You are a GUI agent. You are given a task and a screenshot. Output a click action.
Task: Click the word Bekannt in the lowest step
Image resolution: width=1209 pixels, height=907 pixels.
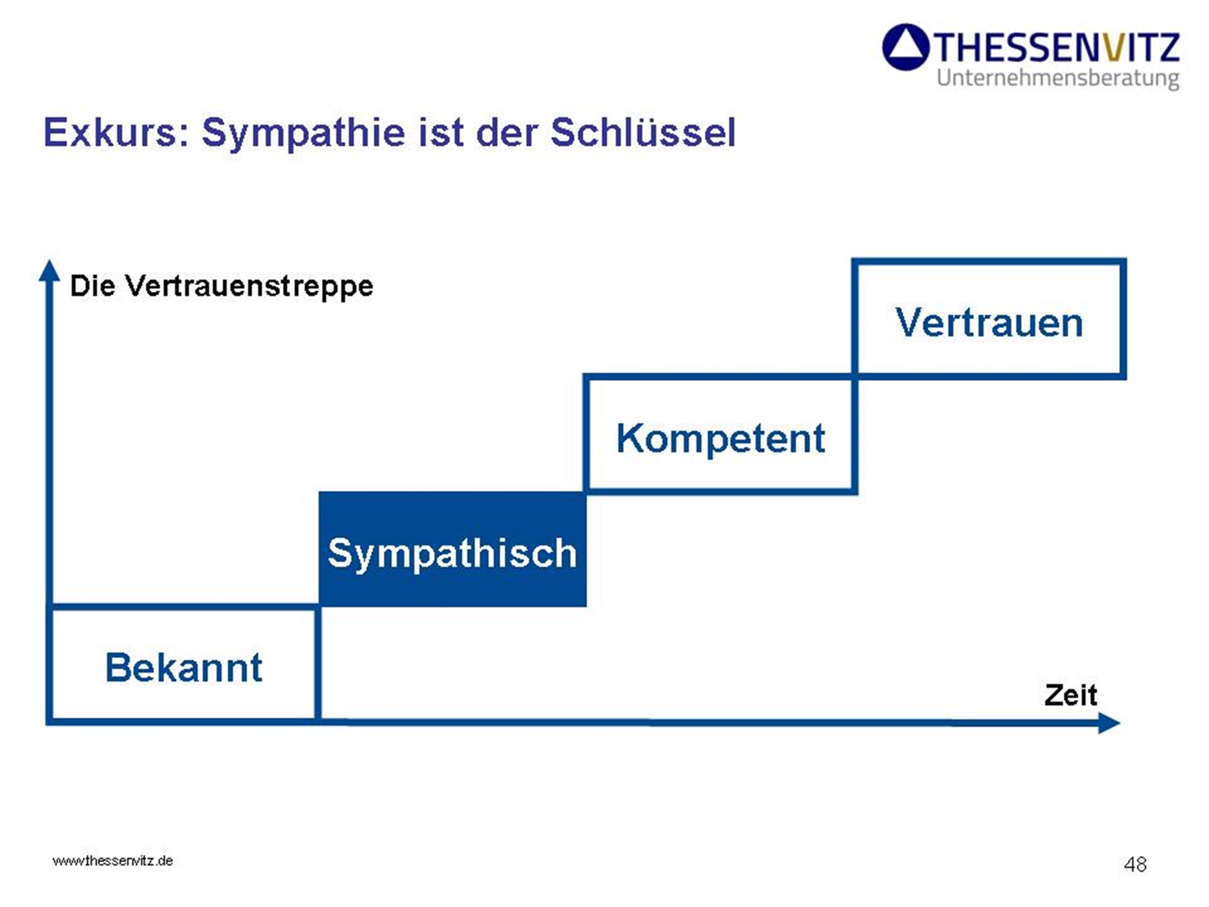click(184, 667)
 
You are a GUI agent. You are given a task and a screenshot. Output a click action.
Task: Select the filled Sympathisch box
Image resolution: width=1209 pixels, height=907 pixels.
click(453, 549)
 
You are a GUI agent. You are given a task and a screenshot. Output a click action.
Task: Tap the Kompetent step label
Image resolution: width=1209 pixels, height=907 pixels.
click(720, 438)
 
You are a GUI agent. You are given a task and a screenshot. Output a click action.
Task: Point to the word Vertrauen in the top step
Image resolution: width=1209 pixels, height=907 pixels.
click(989, 322)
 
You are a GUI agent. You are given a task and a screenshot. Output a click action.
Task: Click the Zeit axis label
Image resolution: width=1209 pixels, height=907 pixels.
click(1070, 695)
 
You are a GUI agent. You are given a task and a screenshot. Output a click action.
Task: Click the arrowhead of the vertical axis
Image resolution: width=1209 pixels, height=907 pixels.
click(49, 271)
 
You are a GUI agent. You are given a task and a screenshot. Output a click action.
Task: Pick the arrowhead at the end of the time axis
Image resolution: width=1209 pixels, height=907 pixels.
click(1109, 722)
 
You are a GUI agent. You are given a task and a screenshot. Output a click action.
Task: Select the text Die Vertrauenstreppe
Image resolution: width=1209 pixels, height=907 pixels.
click(222, 287)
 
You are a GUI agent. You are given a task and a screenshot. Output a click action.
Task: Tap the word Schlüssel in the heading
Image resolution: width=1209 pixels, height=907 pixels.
click(643, 132)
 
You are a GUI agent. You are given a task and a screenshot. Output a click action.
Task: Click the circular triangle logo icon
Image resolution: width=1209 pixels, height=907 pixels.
click(906, 47)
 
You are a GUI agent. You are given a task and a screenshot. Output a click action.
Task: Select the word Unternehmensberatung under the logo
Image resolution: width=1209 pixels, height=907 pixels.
click(1058, 78)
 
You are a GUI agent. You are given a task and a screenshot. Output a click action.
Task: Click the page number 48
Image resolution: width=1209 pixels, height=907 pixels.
click(1135, 864)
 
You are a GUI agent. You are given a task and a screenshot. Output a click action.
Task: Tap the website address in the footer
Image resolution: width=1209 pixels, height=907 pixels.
click(113, 861)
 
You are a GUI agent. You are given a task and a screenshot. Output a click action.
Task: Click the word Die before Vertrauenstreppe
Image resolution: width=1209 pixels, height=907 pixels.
click(93, 286)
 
